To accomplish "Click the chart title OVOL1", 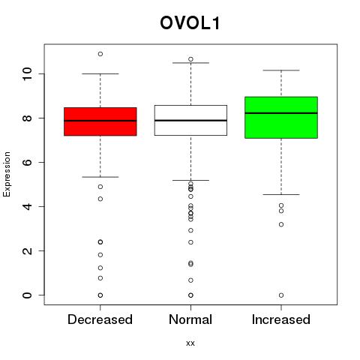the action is (x=190, y=23).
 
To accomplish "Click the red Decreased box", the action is (x=100, y=121).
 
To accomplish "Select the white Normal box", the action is (x=190, y=120).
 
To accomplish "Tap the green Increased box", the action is (x=281, y=117).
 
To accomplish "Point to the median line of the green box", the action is (x=281, y=113).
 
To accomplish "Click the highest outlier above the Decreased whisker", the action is (x=100, y=54).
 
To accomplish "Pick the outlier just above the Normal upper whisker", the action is (x=190, y=59).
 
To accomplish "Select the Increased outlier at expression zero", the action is (x=281, y=295).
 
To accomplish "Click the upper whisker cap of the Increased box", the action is (x=281, y=70).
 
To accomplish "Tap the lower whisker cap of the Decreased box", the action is (x=100, y=177).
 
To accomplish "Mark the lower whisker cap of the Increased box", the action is (x=281, y=194).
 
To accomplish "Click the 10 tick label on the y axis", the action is (x=27, y=73).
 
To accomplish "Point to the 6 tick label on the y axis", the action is (x=27, y=162).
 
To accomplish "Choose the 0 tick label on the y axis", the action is (x=27, y=295).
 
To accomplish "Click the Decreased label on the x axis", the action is (x=100, y=319).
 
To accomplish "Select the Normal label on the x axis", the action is (x=190, y=319).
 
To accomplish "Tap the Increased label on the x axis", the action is (x=281, y=319).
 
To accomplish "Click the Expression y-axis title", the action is (x=7, y=174).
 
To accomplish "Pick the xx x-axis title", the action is (x=190, y=343).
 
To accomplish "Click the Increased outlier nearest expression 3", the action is (x=281, y=224).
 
